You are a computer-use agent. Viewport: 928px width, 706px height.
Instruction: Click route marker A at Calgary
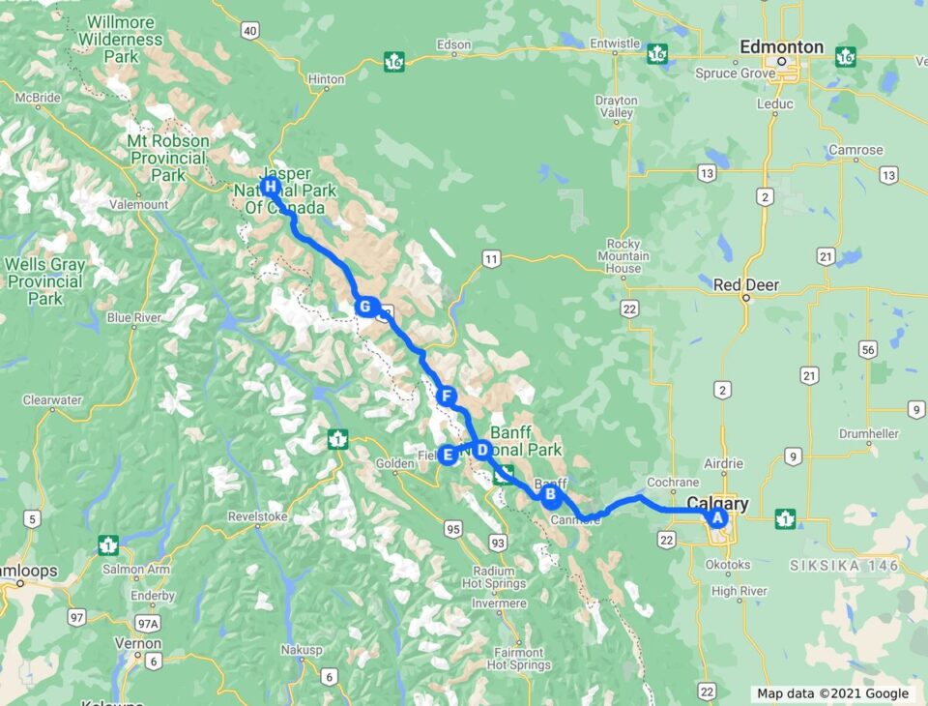coord(717,517)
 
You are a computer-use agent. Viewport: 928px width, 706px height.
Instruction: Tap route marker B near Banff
coord(550,496)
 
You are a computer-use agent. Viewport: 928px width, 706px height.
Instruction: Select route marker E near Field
coord(448,454)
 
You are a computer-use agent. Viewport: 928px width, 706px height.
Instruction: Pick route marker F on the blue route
coord(446,395)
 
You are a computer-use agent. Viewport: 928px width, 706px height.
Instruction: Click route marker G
coord(364,308)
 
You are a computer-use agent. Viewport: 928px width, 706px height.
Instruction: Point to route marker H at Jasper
coord(270,186)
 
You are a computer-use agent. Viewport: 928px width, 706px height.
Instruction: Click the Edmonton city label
coord(781,47)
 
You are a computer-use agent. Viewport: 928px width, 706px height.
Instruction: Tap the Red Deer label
coord(745,285)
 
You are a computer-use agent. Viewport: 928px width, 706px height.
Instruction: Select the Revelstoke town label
coord(258,516)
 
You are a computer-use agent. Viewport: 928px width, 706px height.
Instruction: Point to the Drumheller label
coord(870,433)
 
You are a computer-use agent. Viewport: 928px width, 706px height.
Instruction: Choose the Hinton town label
coord(325,79)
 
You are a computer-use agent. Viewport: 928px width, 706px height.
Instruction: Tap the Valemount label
coord(139,205)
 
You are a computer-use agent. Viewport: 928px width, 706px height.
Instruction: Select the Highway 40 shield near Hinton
coord(250,31)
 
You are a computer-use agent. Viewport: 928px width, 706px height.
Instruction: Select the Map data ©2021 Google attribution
coord(832,693)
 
